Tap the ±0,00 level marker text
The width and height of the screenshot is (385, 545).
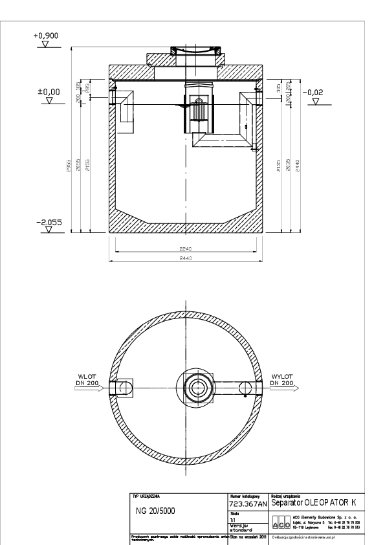[49, 92]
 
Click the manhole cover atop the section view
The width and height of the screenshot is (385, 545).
[186, 50]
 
